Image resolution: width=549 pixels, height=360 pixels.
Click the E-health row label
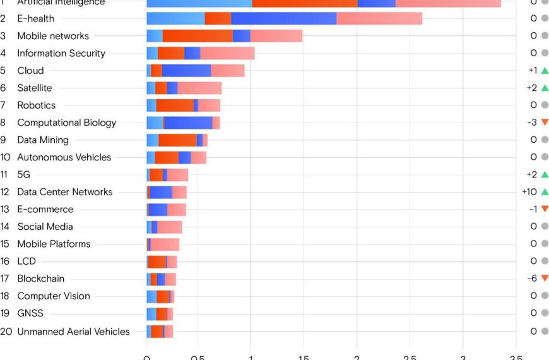click(x=35, y=19)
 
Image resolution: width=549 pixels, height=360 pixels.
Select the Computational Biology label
click(x=66, y=123)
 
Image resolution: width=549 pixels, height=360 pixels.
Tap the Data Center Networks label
click(x=64, y=192)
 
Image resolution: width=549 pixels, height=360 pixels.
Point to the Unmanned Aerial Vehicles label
click(x=73, y=331)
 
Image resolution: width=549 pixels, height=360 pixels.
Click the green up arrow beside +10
click(x=545, y=191)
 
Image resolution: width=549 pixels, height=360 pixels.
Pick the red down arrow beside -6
click(x=545, y=278)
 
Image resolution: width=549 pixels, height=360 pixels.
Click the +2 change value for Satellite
click(x=531, y=88)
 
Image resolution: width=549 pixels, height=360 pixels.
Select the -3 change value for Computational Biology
click(x=531, y=123)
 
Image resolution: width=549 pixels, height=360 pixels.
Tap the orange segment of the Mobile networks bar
click(x=198, y=36)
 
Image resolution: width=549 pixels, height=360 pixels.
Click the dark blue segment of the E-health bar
click(x=284, y=19)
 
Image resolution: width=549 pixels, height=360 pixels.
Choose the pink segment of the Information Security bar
click(x=227, y=53)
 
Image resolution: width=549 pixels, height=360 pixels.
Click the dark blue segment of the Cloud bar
click(x=186, y=71)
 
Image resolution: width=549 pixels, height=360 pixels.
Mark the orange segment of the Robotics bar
click(x=175, y=105)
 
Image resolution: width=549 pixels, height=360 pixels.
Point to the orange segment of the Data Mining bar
click(x=177, y=140)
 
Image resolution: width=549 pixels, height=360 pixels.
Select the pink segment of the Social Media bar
click(x=170, y=227)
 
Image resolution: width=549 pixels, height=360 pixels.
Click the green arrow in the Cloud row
click(x=545, y=70)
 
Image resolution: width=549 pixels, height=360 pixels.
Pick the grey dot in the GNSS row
click(x=545, y=313)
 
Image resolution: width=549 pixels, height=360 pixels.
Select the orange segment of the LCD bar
click(x=157, y=261)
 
